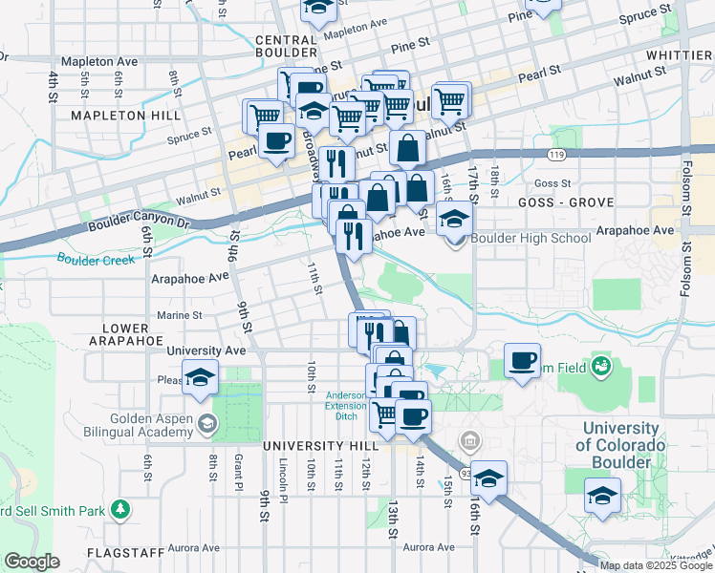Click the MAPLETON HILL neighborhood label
point(126,116)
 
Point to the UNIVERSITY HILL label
point(316,446)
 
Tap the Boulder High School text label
point(517,238)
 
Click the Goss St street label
point(552,183)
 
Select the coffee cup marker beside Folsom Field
point(522,361)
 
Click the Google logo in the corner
point(32,562)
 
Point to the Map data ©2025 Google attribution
point(655,565)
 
